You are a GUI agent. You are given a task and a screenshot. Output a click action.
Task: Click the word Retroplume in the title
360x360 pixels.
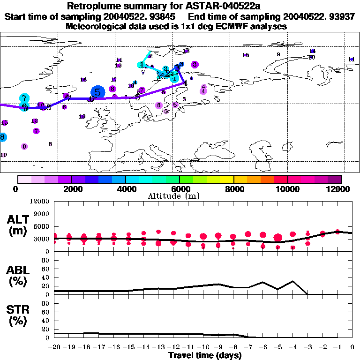[92, 6]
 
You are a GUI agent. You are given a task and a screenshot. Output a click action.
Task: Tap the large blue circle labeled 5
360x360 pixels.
[97, 92]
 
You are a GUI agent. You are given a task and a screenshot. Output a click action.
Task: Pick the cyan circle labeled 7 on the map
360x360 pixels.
[24, 98]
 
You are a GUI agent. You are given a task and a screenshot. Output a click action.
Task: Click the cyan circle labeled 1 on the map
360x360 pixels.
[141, 65]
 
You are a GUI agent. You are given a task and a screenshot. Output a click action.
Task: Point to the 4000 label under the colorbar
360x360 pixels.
[125, 189]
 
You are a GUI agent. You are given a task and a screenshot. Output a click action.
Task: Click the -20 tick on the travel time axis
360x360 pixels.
[55, 347]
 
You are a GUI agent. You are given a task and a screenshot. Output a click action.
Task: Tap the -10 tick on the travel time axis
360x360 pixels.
[203, 347]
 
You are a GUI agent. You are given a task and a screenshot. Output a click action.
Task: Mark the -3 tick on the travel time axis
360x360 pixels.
[307, 347]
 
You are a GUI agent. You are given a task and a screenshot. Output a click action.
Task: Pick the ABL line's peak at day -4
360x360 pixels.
[293, 281]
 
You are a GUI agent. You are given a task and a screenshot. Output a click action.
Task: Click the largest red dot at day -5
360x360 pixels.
[278, 238]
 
